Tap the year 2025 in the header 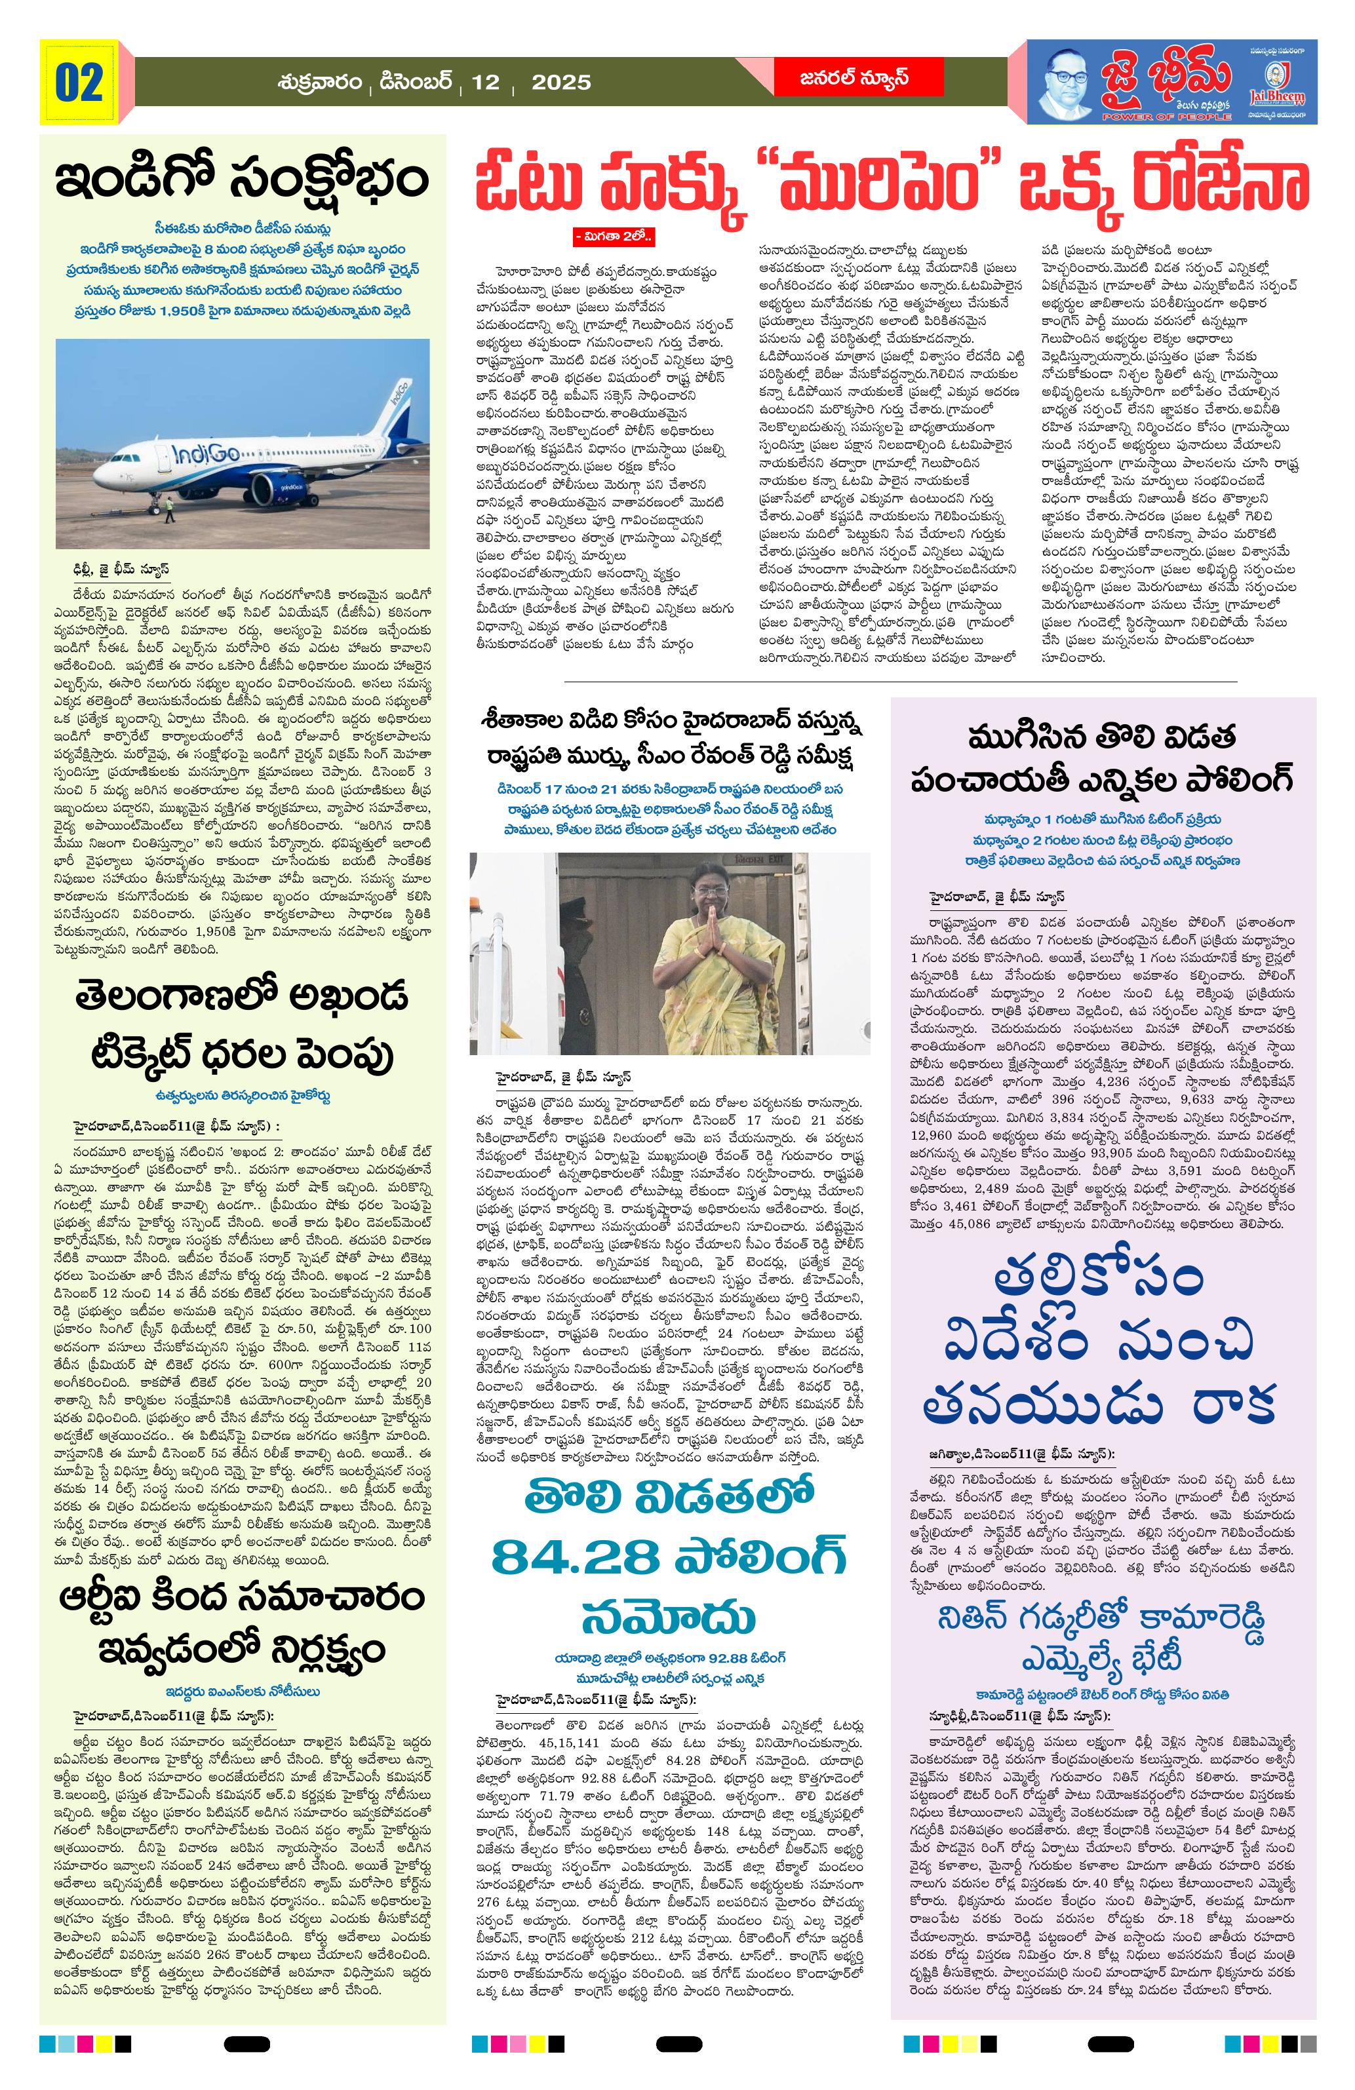tap(561, 83)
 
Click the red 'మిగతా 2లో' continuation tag tap(615, 236)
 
